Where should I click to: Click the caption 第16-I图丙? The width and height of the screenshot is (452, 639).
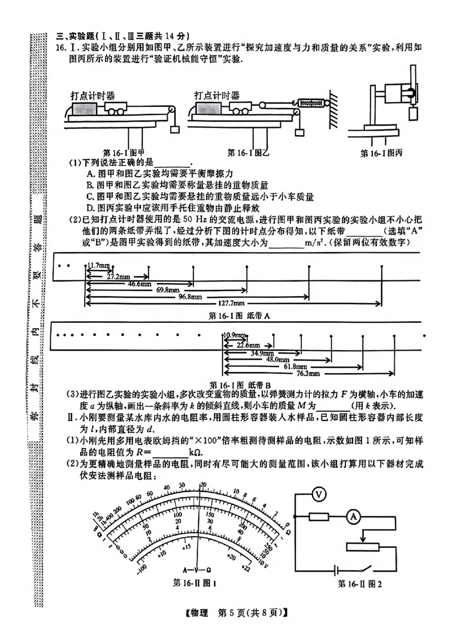point(383,154)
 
